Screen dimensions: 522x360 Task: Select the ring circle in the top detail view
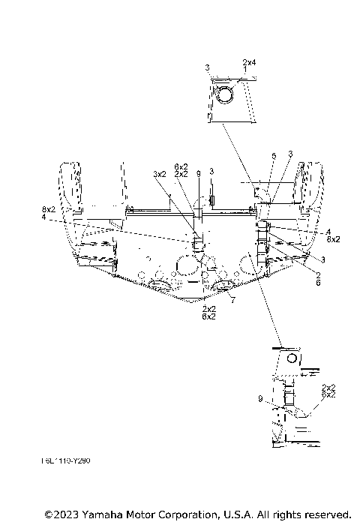[x=223, y=94]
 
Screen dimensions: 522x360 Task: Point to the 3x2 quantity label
[x=160, y=174]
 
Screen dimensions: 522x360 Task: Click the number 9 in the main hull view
[x=198, y=174]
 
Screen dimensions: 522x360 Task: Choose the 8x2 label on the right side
[x=333, y=239]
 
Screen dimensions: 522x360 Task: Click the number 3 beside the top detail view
[x=207, y=68]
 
